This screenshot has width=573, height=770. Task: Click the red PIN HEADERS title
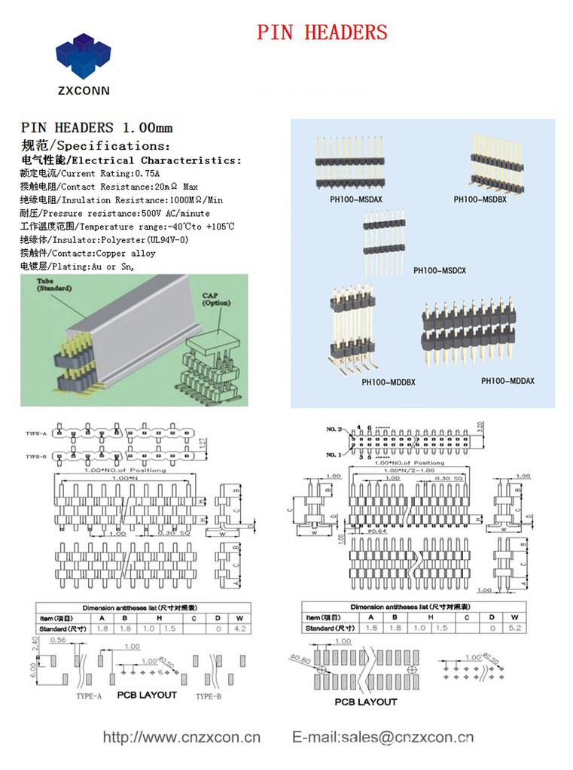(x=322, y=32)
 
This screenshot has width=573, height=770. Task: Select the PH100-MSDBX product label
(x=480, y=199)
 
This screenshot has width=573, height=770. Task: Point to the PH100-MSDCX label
(x=440, y=270)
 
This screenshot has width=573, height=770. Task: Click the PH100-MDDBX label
(x=388, y=382)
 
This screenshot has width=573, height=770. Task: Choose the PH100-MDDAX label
(x=507, y=381)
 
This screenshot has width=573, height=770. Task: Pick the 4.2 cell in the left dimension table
(x=240, y=628)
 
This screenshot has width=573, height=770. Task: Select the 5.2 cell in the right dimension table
(x=514, y=628)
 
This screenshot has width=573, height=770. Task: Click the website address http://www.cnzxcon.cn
(x=181, y=738)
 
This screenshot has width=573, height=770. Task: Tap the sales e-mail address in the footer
(x=383, y=738)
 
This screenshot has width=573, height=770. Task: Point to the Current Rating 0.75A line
(x=90, y=173)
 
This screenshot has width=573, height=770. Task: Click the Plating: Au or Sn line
(x=77, y=266)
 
